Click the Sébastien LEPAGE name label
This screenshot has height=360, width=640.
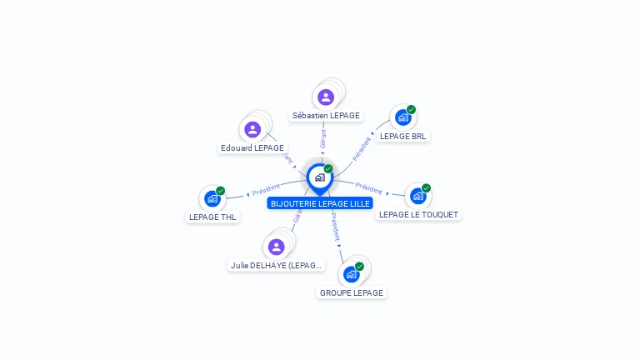[326, 115]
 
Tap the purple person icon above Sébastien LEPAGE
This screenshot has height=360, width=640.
[326, 97]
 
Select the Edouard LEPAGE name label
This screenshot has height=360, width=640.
[252, 147]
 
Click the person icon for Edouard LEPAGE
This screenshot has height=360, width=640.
[252, 129]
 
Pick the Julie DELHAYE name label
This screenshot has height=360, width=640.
[276, 265]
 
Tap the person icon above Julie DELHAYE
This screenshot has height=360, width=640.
[276, 247]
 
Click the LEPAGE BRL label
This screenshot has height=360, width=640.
[404, 136]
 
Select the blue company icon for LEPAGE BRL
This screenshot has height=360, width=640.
[402, 117]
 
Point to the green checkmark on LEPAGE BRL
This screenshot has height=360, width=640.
[411, 110]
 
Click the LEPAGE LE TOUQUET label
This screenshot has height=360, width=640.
[418, 214]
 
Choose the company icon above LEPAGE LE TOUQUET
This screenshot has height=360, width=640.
[417, 196]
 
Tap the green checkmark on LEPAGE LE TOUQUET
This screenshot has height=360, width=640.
[426, 188]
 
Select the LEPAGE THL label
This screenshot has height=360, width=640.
[213, 217]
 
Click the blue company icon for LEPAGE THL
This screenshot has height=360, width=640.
[212, 198]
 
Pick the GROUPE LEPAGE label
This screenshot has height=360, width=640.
[352, 292]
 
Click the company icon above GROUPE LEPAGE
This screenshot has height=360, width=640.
[351, 274]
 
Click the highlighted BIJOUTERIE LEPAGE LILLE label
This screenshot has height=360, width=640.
[320, 202]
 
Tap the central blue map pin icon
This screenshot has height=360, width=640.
[319, 178]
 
